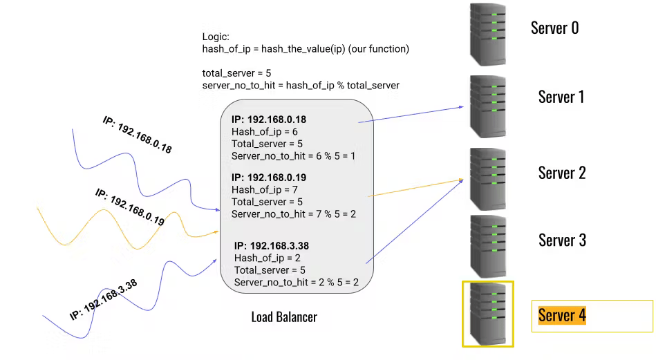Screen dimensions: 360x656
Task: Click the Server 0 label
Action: tap(554, 28)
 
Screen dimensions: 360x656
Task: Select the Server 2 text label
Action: tap(561, 173)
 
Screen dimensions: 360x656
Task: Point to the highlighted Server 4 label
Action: tap(561, 316)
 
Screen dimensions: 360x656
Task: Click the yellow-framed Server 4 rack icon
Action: tap(488, 314)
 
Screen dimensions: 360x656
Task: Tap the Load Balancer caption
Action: tap(284, 317)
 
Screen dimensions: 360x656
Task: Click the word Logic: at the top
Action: tap(216, 37)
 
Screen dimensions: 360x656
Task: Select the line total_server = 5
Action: tap(236, 73)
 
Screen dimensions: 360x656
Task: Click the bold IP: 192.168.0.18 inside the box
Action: tap(268, 120)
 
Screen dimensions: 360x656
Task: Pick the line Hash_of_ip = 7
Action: tap(265, 190)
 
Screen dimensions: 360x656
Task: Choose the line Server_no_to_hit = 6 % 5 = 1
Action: tap(293, 156)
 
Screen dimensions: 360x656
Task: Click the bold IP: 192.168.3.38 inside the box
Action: tap(271, 245)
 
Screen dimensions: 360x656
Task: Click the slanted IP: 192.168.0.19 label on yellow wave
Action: tap(129, 208)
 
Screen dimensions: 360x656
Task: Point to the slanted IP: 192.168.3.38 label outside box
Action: tap(104, 299)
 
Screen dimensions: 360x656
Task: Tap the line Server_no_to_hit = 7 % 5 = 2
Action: tap(294, 214)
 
